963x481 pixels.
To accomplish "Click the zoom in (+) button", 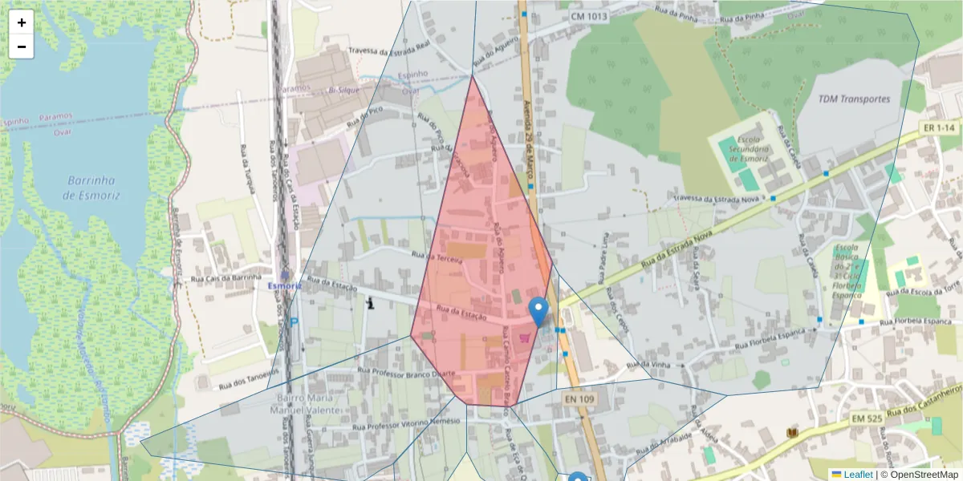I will pos(22,22).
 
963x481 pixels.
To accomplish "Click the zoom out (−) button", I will pos(22,46).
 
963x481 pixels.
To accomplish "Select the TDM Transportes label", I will pos(854,99).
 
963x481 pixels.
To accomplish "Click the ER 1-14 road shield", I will pos(938,128).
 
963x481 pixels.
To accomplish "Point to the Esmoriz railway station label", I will pos(284,285).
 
